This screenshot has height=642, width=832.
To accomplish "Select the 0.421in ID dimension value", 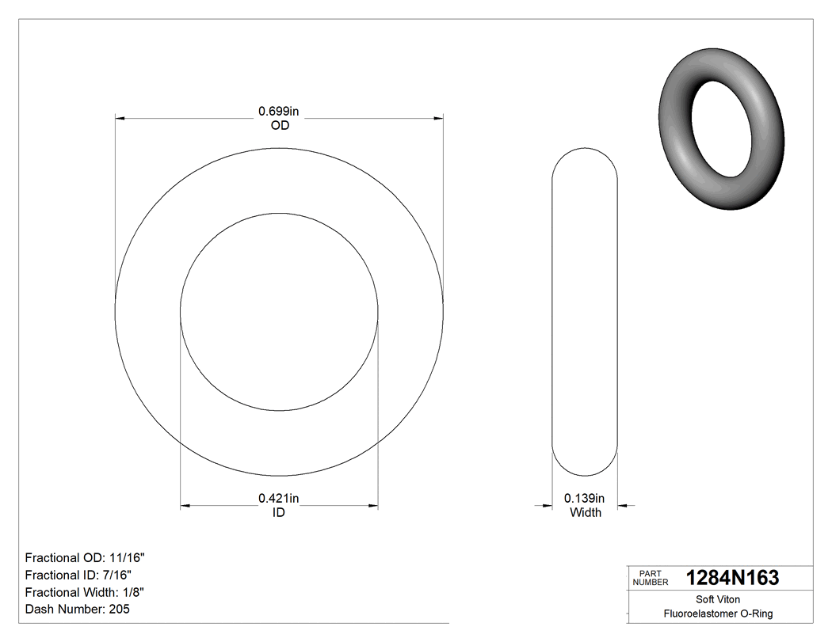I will click(279, 498).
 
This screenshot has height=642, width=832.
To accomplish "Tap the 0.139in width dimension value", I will click(584, 498).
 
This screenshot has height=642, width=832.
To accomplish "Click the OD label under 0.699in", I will click(279, 125).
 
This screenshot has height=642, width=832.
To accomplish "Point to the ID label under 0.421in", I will click(279, 513).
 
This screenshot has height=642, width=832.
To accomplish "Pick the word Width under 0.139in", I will click(586, 513).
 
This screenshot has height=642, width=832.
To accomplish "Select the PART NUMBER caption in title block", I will click(650, 578).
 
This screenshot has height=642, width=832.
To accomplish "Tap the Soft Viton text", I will click(719, 599).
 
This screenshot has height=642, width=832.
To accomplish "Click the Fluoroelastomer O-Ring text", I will click(719, 614).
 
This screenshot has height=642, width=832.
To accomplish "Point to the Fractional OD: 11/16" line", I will click(85, 558).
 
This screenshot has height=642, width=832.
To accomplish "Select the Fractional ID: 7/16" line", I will click(78, 576).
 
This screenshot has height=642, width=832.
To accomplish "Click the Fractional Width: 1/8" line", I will click(85, 592).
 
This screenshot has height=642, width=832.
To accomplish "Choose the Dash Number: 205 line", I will click(78, 610).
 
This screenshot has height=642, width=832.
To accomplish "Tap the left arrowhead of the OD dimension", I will click(120, 119).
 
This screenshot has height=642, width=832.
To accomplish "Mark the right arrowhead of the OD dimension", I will click(437, 119).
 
